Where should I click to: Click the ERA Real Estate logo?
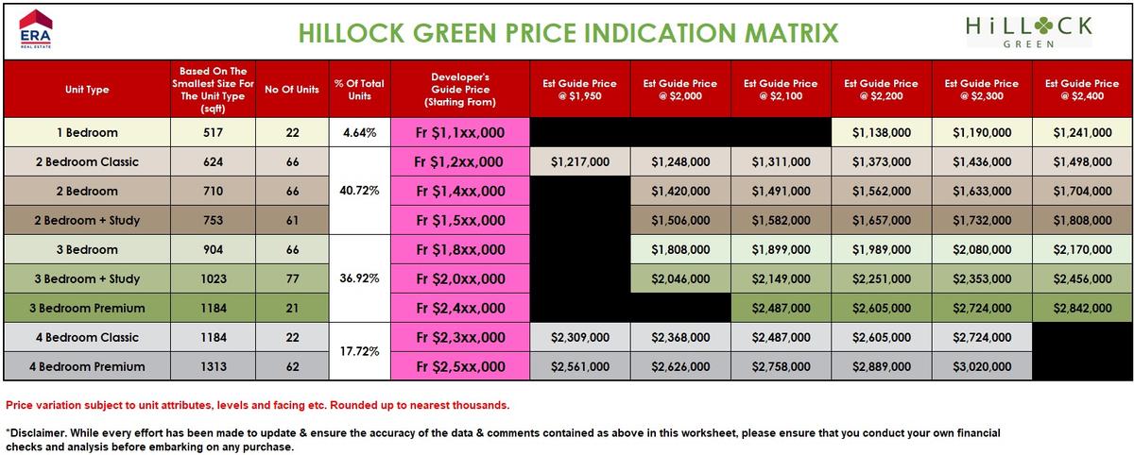point(36,29)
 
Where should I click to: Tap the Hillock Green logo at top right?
point(1029,30)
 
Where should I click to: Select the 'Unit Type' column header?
point(87,90)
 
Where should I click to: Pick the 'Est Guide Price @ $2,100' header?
point(781,90)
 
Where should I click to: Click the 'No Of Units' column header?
point(292,90)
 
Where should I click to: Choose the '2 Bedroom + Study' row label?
point(87,221)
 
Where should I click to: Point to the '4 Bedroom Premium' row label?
point(87,367)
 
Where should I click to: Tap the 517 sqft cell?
point(214,133)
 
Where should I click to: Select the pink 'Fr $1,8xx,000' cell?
point(459,250)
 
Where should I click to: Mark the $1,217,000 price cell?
point(580,162)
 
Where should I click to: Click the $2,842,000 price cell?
point(1082,309)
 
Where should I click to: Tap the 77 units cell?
point(292,279)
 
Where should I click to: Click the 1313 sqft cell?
point(214,367)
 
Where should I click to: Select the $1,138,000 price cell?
point(881,133)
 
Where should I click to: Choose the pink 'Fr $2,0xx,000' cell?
point(459,279)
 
